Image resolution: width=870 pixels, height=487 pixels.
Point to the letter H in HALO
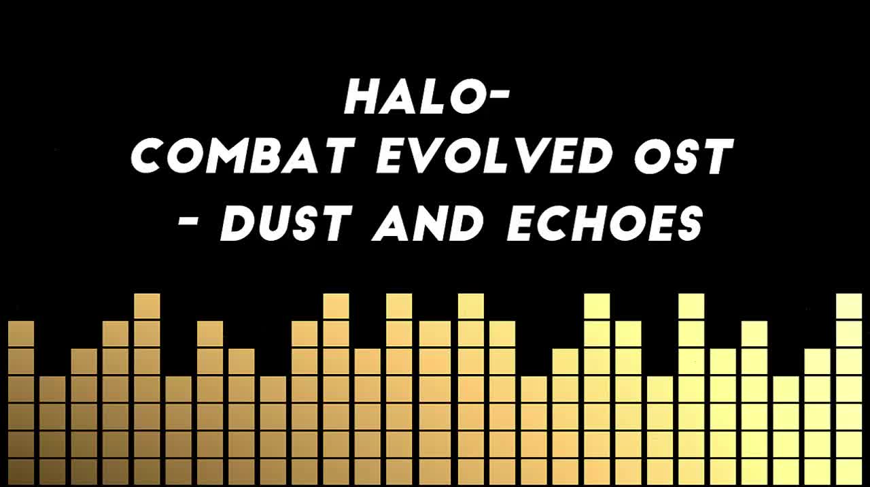pos(360,97)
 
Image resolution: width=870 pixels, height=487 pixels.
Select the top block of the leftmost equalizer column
pos(21,333)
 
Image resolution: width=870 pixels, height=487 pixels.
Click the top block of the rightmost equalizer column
pos(849,306)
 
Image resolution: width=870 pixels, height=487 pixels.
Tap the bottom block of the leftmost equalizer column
pos(21,472)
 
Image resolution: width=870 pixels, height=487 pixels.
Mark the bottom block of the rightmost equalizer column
pos(849,472)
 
